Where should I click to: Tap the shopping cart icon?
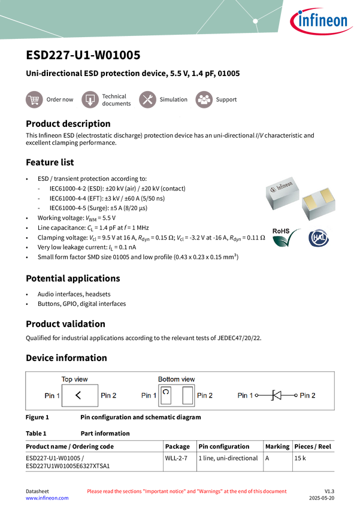click(34, 99)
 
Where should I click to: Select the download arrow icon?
click(90, 99)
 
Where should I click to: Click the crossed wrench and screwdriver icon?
click(147, 99)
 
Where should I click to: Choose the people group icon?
click(204, 99)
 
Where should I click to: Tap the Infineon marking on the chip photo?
click(282, 188)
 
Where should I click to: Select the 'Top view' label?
click(75, 379)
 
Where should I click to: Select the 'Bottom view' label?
click(176, 379)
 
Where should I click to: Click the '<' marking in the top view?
click(78, 395)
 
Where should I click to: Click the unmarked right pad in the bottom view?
click(187, 395)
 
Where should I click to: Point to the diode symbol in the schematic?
click(277, 395)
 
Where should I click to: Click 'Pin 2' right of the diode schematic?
click(308, 395)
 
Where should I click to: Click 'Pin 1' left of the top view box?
click(52, 395)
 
